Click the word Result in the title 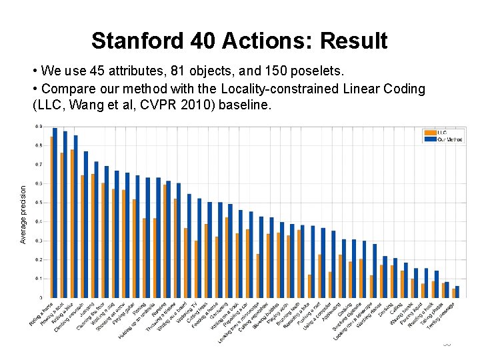353,41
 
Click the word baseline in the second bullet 246,105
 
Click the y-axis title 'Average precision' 24,213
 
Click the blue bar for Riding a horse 55,213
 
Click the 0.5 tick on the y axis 40,202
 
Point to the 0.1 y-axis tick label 40,278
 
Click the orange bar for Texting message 454,293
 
